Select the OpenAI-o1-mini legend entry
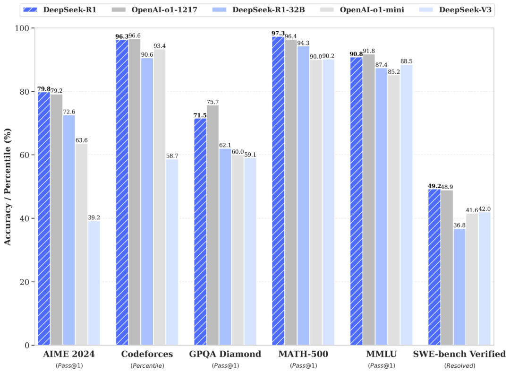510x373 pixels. click(x=368, y=9)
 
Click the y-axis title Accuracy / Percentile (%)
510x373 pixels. click(x=8, y=187)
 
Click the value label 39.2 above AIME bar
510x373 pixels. click(x=93, y=217)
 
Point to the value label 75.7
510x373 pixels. click(x=212, y=102)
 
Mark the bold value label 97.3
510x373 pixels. click(x=278, y=33)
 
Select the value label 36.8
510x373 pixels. click(x=459, y=225)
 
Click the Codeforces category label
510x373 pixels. click(x=147, y=354)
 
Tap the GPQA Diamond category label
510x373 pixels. click(x=225, y=354)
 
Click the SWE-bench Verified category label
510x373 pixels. click(x=459, y=354)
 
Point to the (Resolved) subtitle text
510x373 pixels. click(x=459, y=365)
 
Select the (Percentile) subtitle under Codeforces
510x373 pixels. click(x=147, y=365)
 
